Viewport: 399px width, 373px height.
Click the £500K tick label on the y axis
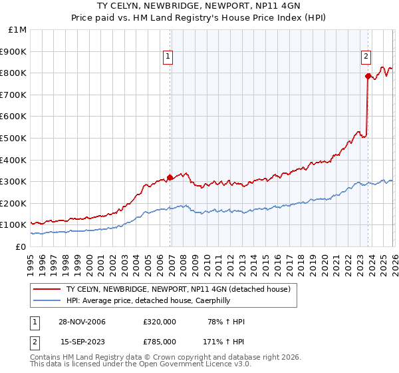pyautogui.click(x=14, y=138)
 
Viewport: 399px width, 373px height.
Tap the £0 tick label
pyautogui.click(x=21, y=246)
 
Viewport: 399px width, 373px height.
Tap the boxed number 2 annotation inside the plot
pyautogui.click(x=366, y=57)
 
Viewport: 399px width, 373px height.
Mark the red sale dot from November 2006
pyautogui.click(x=170, y=177)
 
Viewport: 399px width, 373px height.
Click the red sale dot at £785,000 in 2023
pyautogui.click(x=367, y=76)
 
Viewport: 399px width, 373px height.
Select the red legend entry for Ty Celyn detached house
pyautogui.click(x=178, y=289)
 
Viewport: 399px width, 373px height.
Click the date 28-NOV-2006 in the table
pyautogui.click(x=82, y=322)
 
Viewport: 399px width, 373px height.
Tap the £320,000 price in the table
pyautogui.click(x=160, y=322)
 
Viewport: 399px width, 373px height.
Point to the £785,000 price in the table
pyautogui.click(x=160, y=341)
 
